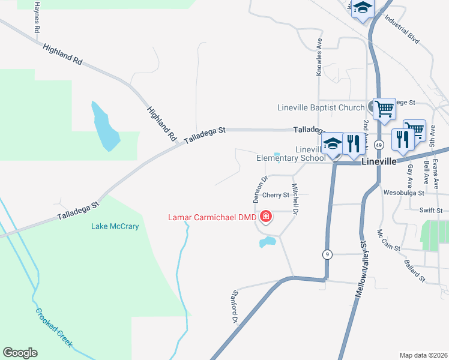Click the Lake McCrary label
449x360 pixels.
tap(115, 226)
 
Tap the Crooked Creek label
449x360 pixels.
tap(54, 328)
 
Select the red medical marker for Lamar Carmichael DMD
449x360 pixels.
tap(265, 216)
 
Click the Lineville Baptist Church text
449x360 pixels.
tap(321, 108)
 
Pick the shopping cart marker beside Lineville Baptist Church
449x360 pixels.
tap(384, 109)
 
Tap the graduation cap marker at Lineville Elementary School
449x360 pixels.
tap(333, 143)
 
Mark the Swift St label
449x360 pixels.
tap(431, 211)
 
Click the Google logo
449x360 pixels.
tap(20, 352)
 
